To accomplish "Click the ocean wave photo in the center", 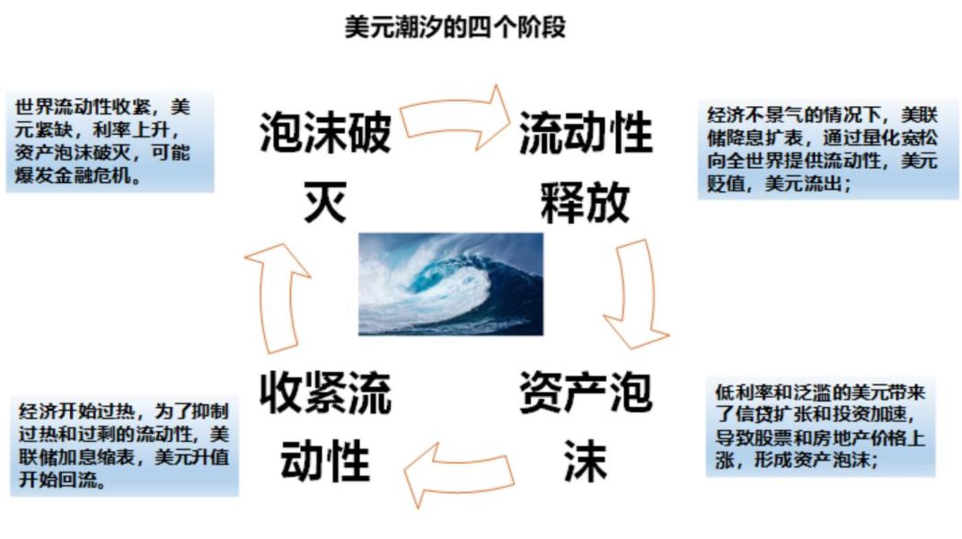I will pyautogui.click(x=450, y=284).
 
